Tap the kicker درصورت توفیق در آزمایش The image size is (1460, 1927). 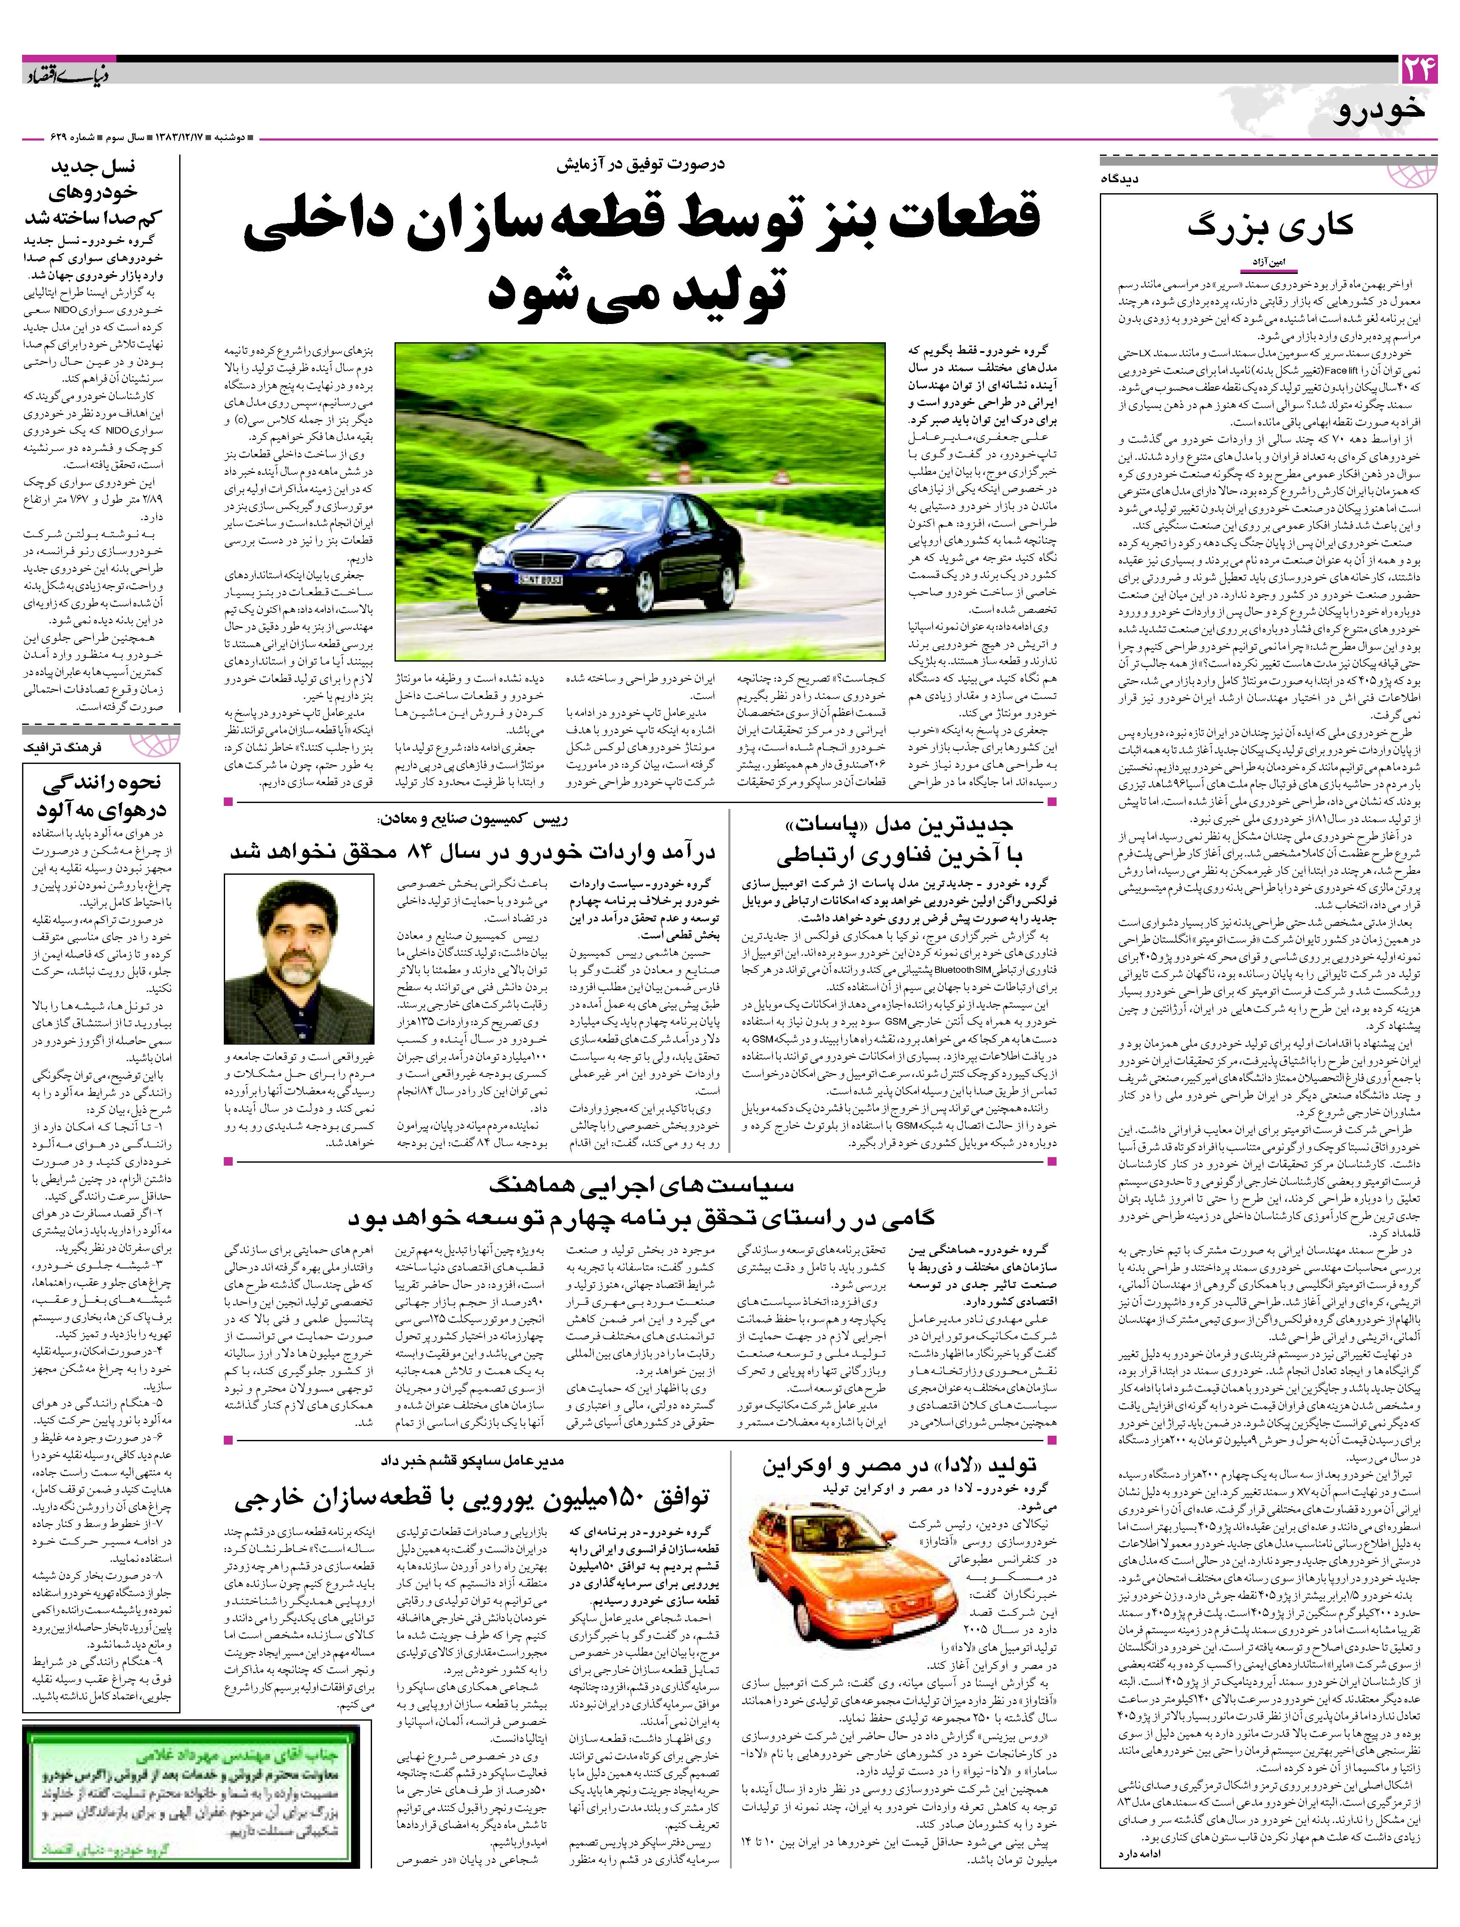[640, 163]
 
